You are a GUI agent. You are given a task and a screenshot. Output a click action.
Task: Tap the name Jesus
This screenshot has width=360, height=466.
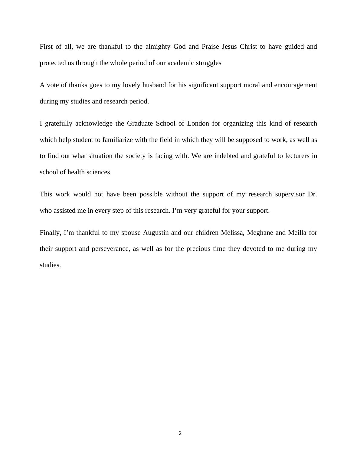(229, 47)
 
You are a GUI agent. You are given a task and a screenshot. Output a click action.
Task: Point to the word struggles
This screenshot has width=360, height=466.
(208, 63)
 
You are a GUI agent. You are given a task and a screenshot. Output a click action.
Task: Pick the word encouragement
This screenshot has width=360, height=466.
(296, 85)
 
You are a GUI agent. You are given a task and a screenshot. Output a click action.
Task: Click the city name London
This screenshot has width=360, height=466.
(198, 123)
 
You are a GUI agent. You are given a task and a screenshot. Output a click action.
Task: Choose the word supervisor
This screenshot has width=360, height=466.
(290, 194)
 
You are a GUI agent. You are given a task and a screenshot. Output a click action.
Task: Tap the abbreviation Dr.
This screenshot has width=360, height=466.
(312, 194)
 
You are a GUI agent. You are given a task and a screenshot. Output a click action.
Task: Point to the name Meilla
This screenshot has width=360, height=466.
(297, 233)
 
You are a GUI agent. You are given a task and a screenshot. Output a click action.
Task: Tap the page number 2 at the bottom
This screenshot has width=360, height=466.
(180, 433)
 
